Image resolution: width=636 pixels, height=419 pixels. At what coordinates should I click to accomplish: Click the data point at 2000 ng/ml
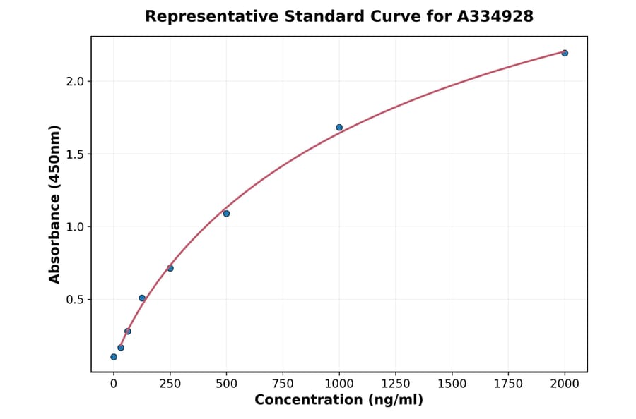[x=565, y=53]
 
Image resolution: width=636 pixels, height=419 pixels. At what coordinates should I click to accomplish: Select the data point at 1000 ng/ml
[x=339, y=128]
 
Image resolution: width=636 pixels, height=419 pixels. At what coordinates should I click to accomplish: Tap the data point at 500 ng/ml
[x=226, y=213]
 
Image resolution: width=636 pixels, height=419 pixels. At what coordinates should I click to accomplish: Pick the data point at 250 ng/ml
[x=170, y=268]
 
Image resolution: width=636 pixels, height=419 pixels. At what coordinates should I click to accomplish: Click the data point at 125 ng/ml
[x=142, y=298]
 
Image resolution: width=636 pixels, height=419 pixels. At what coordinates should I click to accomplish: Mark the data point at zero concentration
[x=114, y=357]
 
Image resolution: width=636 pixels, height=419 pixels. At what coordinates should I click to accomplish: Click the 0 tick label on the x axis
[x=114, y=384]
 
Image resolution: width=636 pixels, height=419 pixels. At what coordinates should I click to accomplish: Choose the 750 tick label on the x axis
[x=283, y=384]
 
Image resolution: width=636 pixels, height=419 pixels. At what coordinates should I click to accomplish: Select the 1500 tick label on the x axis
[x=452, y=384]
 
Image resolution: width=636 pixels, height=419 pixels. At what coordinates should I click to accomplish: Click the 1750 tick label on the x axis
[x=509, y=384]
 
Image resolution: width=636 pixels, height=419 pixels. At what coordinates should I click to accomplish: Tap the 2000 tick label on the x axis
[x=565, y=384]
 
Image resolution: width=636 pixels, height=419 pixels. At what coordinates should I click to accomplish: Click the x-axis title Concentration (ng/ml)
[x=339, y=401]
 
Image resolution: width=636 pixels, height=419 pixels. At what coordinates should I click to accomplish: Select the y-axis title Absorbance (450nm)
[x=55, y=204]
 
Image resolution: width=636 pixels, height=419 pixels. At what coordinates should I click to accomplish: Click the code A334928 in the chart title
[x=495, y=16]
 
